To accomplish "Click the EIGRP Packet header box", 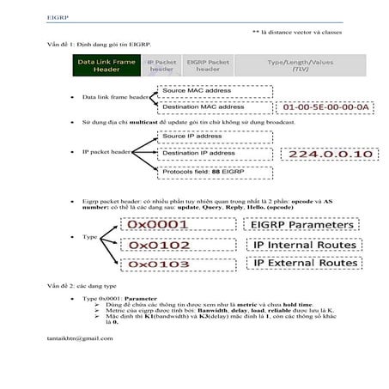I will point(208,66).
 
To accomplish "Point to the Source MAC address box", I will point(199,90).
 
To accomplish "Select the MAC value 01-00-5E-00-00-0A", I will point(325,106).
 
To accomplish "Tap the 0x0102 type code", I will point(158,245).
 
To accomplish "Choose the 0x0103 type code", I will point(158,264).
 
